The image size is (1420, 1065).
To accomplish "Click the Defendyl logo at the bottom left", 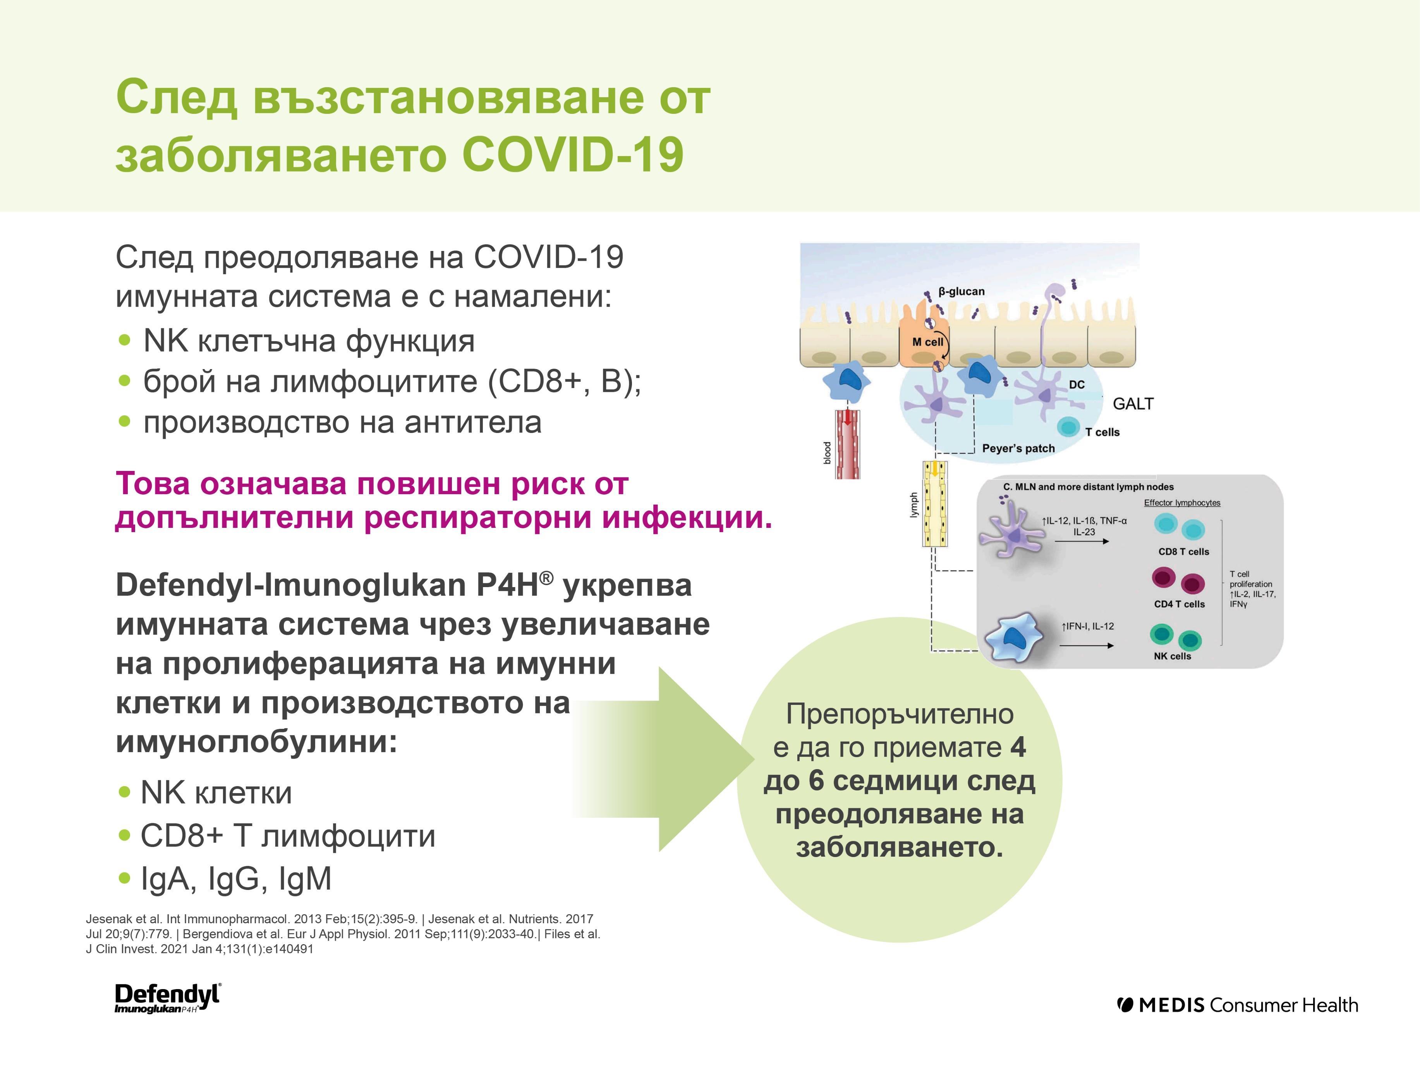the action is (167, 998).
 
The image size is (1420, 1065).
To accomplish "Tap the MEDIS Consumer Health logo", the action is (1237, 1005).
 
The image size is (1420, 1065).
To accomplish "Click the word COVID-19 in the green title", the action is (572, 155).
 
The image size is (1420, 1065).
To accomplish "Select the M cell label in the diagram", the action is (927, 342).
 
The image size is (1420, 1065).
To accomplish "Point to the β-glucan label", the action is (961, 292).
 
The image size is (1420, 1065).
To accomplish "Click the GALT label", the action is (1133, 404).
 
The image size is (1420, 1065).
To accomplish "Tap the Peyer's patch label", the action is (1018, 448).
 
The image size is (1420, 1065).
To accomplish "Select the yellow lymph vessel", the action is (935, 504).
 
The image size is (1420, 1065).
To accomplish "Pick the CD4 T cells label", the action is (1179, 604).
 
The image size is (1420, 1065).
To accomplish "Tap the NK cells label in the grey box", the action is (1172, 656).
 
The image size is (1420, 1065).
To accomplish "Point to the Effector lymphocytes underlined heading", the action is (1182, 503).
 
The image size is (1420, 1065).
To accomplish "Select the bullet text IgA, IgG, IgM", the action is (235, 879).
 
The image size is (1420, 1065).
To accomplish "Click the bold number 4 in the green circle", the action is (1018, 747).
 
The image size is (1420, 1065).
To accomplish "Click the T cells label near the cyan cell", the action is (1102, 432).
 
